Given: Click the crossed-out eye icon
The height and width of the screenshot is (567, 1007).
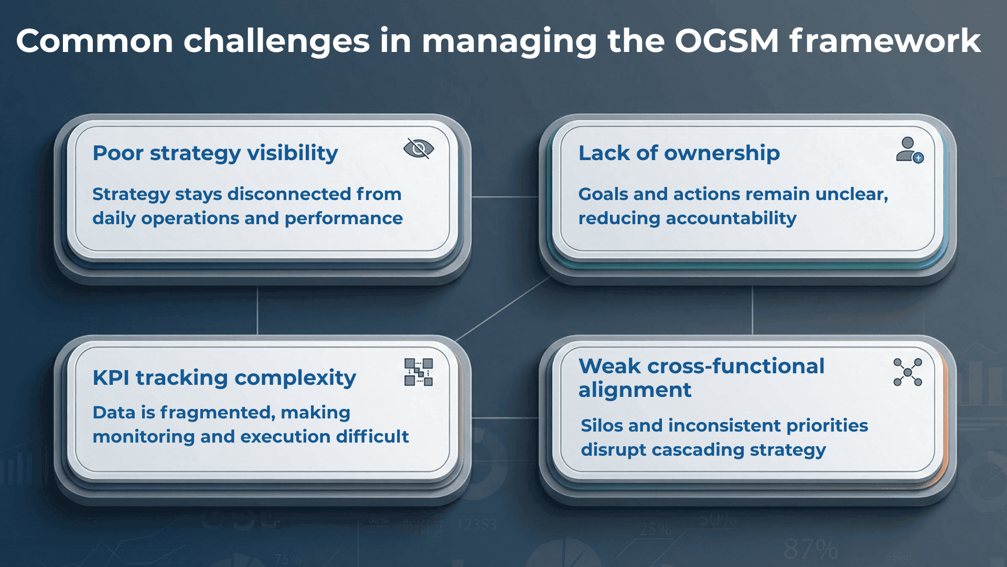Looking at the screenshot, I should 419,149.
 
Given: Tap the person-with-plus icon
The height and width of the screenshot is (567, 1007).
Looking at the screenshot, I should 909,150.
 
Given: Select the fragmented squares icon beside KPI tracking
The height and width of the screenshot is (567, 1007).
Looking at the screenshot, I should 419,372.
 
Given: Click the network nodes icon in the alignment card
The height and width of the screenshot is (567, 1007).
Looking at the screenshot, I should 907,372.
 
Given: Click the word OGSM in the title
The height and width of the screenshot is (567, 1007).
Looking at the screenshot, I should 726,41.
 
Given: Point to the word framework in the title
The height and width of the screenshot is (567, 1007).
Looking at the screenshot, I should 885,41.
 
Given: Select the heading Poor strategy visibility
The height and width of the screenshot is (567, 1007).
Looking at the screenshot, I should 215,153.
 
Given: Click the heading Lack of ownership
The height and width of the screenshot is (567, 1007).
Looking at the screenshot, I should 679,153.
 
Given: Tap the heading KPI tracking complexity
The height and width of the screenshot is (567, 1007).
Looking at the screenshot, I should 224,378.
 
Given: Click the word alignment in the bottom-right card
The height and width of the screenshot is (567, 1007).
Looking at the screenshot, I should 635,390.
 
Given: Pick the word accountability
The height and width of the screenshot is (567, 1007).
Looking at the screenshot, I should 731,218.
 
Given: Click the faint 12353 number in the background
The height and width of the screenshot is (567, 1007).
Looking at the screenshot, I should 476,524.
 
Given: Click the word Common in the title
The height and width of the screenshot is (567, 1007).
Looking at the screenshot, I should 94,41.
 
